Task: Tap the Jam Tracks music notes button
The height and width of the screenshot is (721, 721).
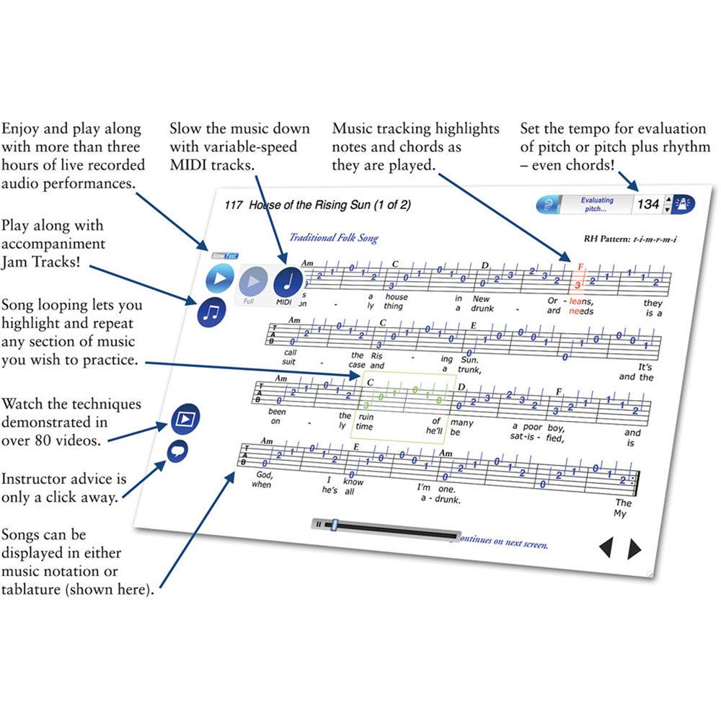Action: pos(211,311)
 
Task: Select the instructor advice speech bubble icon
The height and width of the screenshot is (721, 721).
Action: pos(177,452)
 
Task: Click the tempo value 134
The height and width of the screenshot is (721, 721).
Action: pos(647,204)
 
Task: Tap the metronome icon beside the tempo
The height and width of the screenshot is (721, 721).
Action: pos(683,204)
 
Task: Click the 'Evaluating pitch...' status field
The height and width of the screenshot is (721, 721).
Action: pos(598,204)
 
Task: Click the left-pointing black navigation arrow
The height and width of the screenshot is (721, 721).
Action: pos(606,549)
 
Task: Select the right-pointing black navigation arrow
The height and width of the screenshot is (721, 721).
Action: pos(634,549)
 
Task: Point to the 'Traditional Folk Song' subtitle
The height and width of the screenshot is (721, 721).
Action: pos(333,238)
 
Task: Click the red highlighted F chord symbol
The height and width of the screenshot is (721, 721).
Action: pos(580,266)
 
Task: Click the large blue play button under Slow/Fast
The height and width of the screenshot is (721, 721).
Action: pos(219,278)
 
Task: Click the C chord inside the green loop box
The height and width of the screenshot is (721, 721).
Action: pos(371,383)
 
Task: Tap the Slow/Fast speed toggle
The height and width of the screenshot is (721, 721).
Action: pos(224,255)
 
